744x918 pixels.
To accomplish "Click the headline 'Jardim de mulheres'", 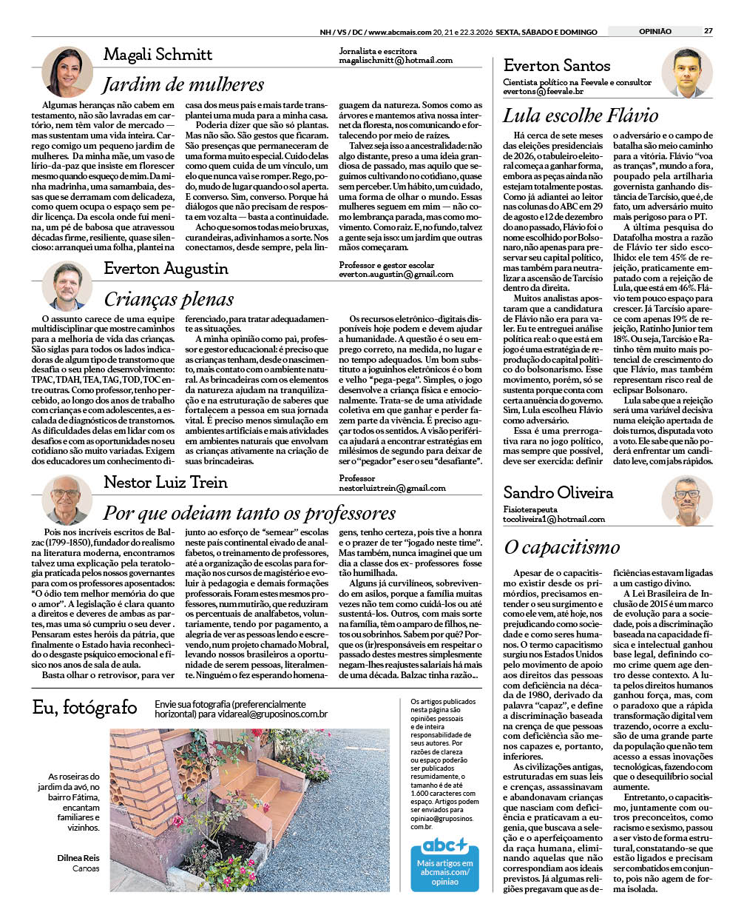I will pyautogui.click(x=183, y=84).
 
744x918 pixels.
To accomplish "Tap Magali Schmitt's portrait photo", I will pyautogui.click(x=67, y=72).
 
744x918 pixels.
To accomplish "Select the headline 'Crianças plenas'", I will pyautogui.click(x=169, y=299).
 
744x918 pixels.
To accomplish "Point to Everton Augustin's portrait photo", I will pyautogui.click(x=67, y=285).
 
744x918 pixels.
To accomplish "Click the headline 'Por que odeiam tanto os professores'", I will pyautogui.click(x=249, y=513).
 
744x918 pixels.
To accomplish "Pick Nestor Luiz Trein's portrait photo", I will pyautogui.click(x=67, y=500).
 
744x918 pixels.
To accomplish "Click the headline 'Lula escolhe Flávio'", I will pyautogui.click(x=581, y=115).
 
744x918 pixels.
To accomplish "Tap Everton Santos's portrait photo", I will pyautogui.click(x=686, y=73).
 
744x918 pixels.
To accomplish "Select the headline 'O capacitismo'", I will pyautogui.click(x=561, y=547).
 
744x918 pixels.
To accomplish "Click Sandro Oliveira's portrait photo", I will pyautogui.click(x=686, y=500).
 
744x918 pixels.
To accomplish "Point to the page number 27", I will pyautogui.click(x=708, y=31).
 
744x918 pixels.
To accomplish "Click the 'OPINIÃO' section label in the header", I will pyautogui.click(x=655, y=31).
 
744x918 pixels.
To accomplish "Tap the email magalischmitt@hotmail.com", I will pyautogui.click(x=396, y=61).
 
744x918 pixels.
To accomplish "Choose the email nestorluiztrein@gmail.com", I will pyautogui.click(x=392, y=489).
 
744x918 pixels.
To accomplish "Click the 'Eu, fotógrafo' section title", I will pyautogui.click(x=84, y=708).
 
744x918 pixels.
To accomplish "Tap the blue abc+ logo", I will pyautogui.click(x=445, y=845).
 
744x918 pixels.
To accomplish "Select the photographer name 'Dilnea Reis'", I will pyautogui.click(x=78, y=858).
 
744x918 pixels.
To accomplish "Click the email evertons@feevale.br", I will pyautogui.click(x=543, y=92).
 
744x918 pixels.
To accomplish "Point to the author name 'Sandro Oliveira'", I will pyautogui.click(x=558, y=493).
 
